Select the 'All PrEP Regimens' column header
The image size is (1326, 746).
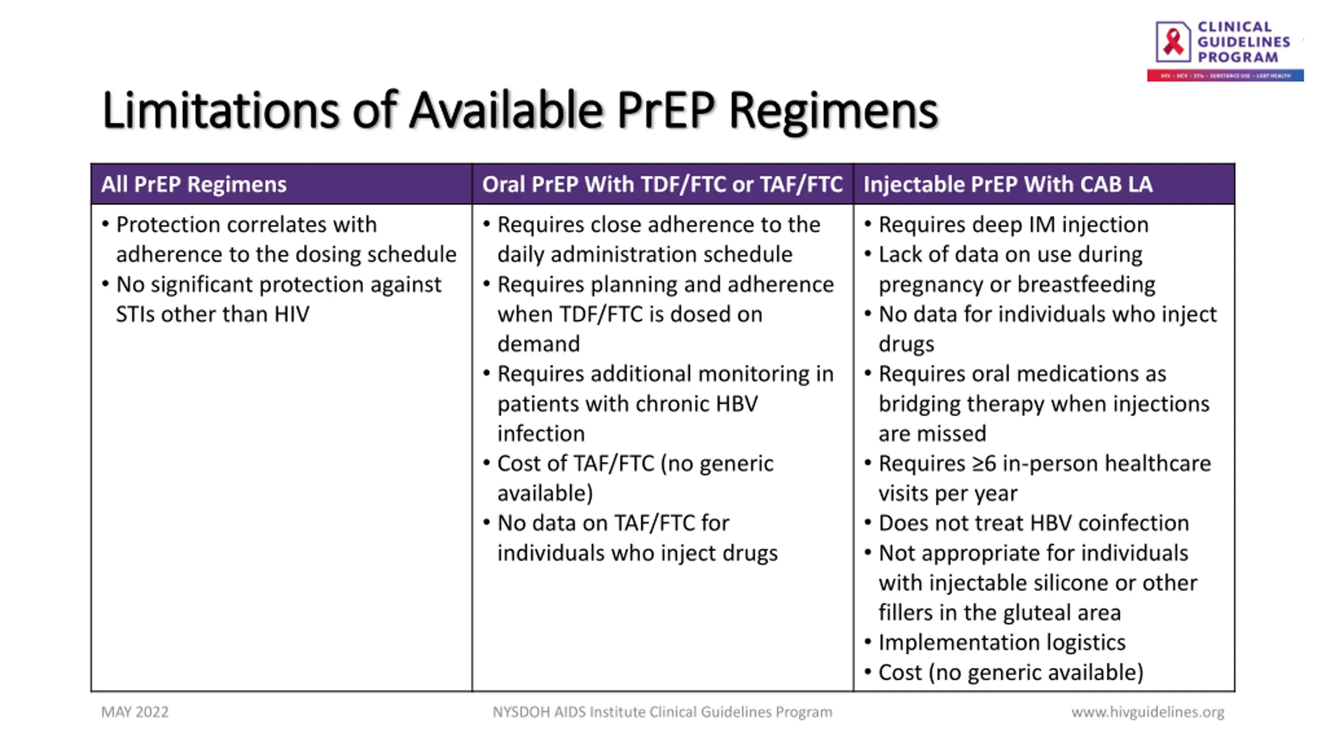click(x=194, y=184)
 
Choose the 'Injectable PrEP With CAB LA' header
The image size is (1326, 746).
click(x=1007, y=184)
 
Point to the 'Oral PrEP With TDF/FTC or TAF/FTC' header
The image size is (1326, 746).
click(x=662, y=184)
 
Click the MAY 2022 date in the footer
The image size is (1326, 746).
click(x=135, y=712)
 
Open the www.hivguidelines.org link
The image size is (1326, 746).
click(x=1147, y=712)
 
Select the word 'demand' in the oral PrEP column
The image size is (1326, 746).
click(x=538, y=344)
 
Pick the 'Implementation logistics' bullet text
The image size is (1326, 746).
click(x=1002, y=643)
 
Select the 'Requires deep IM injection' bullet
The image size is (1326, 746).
click(x=1013, y=225)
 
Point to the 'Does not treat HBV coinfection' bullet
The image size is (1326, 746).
click(x=1033, y=523)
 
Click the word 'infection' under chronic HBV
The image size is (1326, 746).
click(x=541, y=434)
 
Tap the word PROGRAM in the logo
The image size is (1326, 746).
click(x=1237, y=57)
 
